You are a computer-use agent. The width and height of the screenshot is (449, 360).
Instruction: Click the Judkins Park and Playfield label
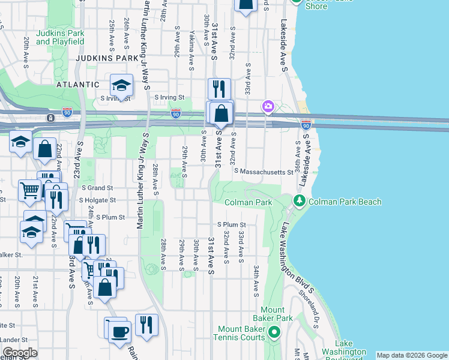click(59, 37)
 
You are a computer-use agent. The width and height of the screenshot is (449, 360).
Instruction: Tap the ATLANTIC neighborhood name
click(77, 85)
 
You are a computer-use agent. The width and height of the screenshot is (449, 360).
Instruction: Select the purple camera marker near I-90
click(268, 107)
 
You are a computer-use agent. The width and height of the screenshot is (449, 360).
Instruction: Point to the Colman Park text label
click(247, 203)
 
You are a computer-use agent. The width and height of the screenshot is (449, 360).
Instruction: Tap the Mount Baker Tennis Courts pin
click(274, 331)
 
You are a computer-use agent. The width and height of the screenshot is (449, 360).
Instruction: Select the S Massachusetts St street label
click(263, 172)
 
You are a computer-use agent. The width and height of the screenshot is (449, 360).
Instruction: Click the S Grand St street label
click(98, 188)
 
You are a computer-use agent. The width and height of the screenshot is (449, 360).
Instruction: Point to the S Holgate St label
click(99, 201)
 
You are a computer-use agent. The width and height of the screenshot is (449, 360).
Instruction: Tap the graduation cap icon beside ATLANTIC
click(121, 85)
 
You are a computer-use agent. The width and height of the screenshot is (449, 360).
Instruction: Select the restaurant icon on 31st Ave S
click(219, 89)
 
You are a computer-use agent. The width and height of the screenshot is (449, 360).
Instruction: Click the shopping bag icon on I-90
click(221, 112)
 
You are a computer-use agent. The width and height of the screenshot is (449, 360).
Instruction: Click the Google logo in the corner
click(20, 353)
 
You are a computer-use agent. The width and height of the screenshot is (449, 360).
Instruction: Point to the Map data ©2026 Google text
click(412, 355)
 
